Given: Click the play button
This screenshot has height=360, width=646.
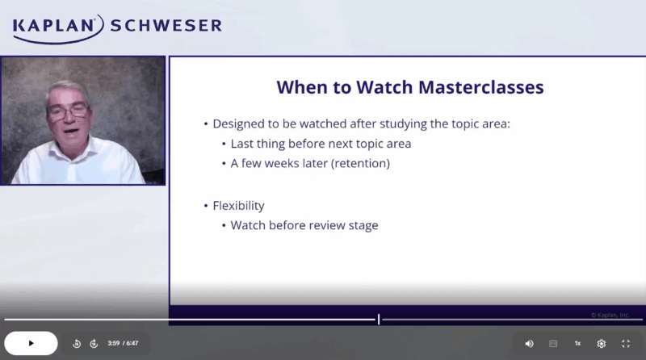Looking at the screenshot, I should tap(31, 343).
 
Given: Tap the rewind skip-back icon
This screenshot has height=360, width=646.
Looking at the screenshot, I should tap(77, 343).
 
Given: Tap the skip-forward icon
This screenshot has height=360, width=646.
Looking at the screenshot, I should tap(94, 343).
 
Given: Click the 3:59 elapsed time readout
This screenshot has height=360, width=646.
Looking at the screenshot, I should tap(113, 343).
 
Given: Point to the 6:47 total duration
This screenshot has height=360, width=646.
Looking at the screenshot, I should tap(132, 343).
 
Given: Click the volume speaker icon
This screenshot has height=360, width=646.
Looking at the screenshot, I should tap(529, 343).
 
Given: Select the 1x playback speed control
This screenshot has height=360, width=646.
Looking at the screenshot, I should tap(577, 343).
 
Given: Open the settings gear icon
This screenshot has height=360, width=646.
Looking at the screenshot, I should tap(602, 343).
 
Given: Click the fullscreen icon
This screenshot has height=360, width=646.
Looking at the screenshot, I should tap(626, 343).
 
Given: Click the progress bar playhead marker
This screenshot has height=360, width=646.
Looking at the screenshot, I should tap(378, 320).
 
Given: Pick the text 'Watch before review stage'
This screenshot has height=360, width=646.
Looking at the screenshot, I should tap(304, 225).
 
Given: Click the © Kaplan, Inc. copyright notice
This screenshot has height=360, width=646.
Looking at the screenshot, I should tap(610, 315).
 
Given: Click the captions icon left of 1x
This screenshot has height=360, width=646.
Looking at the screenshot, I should tap(553, 343).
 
